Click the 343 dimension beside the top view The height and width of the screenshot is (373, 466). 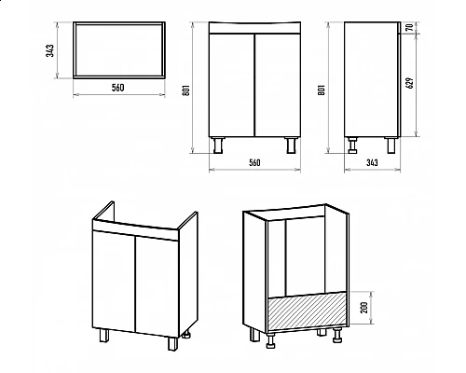[x=50, y=50]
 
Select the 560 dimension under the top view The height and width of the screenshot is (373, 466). [x=118, y=88]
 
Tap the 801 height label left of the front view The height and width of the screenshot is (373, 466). [x=186, y=90]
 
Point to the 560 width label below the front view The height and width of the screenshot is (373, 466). [x=254, y=162]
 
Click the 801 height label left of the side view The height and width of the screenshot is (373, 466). [x=322, y=90]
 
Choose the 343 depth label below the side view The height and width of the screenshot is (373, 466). [x=372, y=162]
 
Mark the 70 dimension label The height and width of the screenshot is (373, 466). [x=410, y=27]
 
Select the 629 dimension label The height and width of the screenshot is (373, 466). [x=410, y=83]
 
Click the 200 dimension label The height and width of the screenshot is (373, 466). [x=365, y=308]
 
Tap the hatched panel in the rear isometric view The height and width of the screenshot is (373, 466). [x=307, y=310]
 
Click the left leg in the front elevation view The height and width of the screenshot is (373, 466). [x=218, y=145]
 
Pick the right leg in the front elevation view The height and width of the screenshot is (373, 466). [x=291, y=145]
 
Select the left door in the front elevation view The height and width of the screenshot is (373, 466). [x=232, y=85]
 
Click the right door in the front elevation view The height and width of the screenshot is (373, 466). [x=278, y=85]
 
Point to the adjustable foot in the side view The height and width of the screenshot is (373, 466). [x=353, y=145]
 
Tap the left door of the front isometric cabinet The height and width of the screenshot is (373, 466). [x=114, y=281]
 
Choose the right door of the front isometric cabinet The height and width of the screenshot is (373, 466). [x=158, y=286]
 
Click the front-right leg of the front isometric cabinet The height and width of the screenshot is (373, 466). [x=172, y=343]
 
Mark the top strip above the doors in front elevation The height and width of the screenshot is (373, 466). [x=254, y=28]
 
